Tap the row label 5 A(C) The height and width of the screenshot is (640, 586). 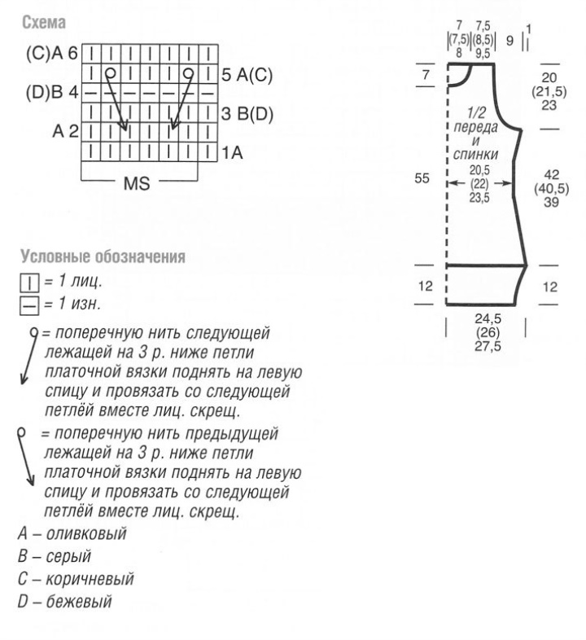pos(247,76)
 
